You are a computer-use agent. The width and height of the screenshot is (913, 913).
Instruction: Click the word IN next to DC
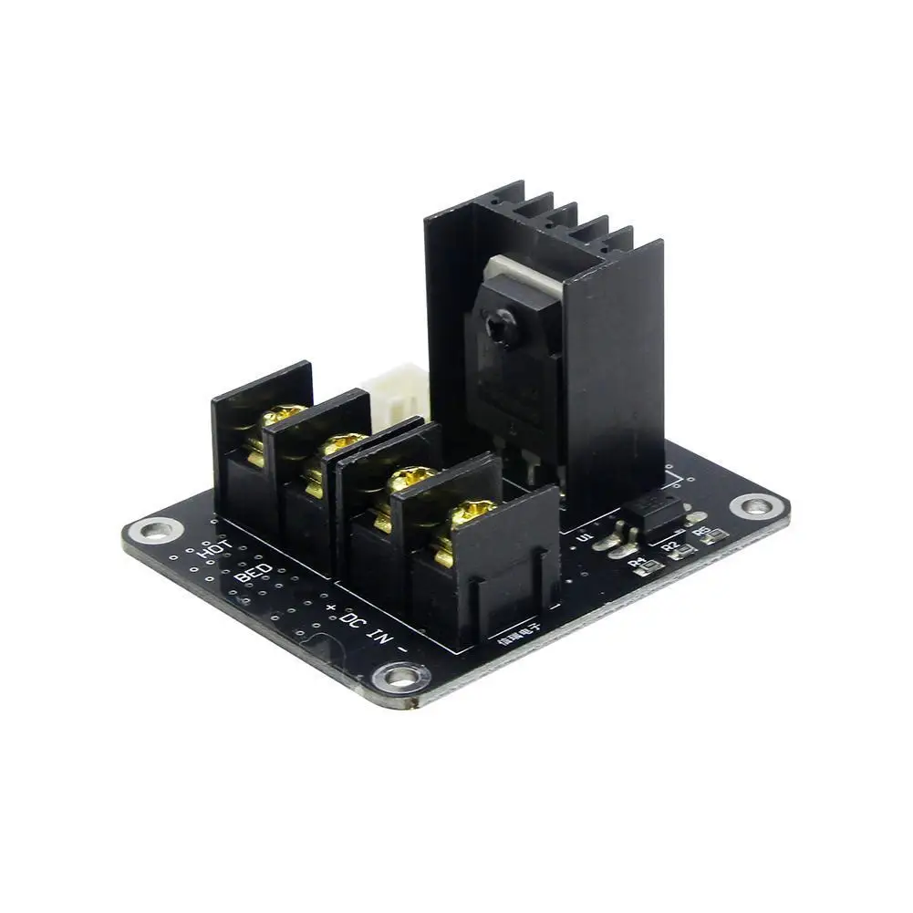click(386, 638)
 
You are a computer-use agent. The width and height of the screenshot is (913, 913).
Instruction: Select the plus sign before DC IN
click(330, 607)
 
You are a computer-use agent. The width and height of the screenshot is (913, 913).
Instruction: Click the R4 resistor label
click(637, 562)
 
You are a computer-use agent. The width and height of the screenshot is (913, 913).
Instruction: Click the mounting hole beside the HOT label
click(159, 528)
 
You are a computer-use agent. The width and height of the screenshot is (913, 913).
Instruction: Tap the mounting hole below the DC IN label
click(400, 676)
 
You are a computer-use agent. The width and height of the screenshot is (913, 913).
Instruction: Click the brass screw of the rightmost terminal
click(470, 514)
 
